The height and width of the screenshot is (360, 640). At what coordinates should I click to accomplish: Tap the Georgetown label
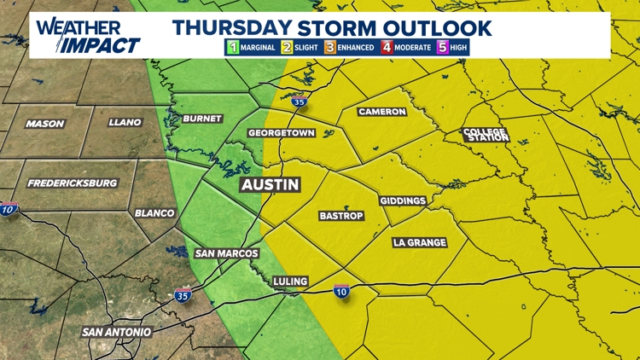coord(282,134)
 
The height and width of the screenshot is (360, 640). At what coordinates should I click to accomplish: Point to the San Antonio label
coord(117,331)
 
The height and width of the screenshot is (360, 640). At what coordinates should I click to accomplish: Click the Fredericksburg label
coord(73,183)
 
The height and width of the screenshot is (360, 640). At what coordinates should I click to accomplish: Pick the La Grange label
coord(419,243)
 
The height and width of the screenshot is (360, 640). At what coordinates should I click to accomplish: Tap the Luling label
coord(290,281)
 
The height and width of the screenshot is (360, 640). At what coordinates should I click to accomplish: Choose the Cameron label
coord(381,112)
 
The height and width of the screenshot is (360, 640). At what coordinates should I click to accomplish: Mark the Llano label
coord(125,123)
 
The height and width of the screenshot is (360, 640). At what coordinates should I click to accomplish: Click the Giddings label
coord(403,200)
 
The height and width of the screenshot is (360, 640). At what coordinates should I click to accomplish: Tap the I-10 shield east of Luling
coord(341,292)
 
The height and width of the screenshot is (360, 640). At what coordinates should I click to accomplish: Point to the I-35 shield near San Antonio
coord(183,296)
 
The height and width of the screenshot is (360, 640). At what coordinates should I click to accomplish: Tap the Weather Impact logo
coord(88,36)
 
